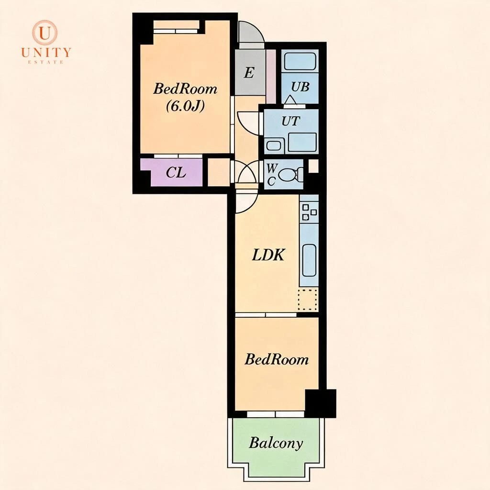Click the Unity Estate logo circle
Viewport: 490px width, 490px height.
tap(45, 33)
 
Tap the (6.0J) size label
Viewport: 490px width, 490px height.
tap(185, 106)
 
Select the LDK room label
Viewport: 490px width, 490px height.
tap(268, 255)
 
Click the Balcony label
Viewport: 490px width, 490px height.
tap(276, 443)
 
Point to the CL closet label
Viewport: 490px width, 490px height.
tap(176, 172)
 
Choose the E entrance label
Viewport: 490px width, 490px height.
tap(249, 73)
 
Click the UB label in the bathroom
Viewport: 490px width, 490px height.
tap(300, 87)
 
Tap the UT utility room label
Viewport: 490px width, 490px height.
tap(290, 121)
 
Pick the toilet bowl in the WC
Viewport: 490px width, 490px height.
tap(287, 175)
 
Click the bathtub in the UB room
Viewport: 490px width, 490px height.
tap(300, 61)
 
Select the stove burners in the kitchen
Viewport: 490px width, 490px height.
tap(309, 212)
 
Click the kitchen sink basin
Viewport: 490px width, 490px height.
tap(309, 260)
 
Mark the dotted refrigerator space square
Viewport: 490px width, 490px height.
tap(308, 299)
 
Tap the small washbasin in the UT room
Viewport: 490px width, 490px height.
tap(274, 145)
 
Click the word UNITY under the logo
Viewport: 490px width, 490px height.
tap(46, 52)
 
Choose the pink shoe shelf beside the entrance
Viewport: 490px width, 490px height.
tap(271, 77)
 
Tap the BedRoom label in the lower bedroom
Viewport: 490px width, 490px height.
tap(276, 359)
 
